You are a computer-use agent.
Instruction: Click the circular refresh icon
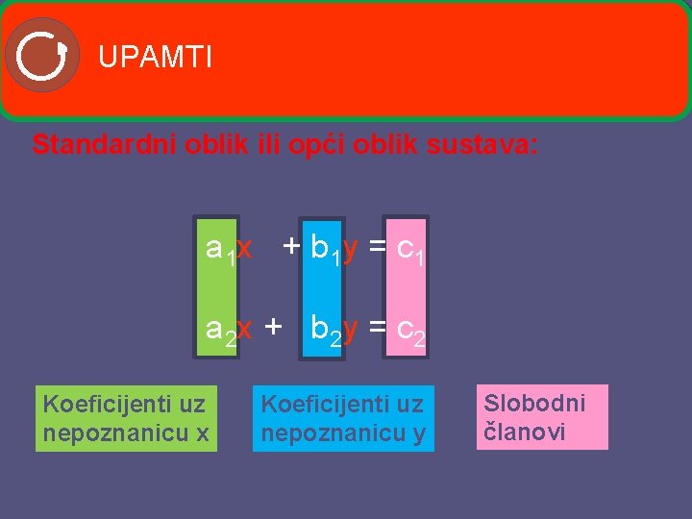41,55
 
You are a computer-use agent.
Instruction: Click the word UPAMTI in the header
155,58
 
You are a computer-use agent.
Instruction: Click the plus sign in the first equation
290,248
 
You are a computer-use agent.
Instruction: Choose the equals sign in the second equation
377,329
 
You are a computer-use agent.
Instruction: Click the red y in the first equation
351,249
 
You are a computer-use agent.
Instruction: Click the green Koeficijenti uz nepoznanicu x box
126,418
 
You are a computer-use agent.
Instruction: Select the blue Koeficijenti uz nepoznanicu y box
343,419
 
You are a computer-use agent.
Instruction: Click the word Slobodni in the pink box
533,403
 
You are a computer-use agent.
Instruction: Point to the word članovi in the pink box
524,432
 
